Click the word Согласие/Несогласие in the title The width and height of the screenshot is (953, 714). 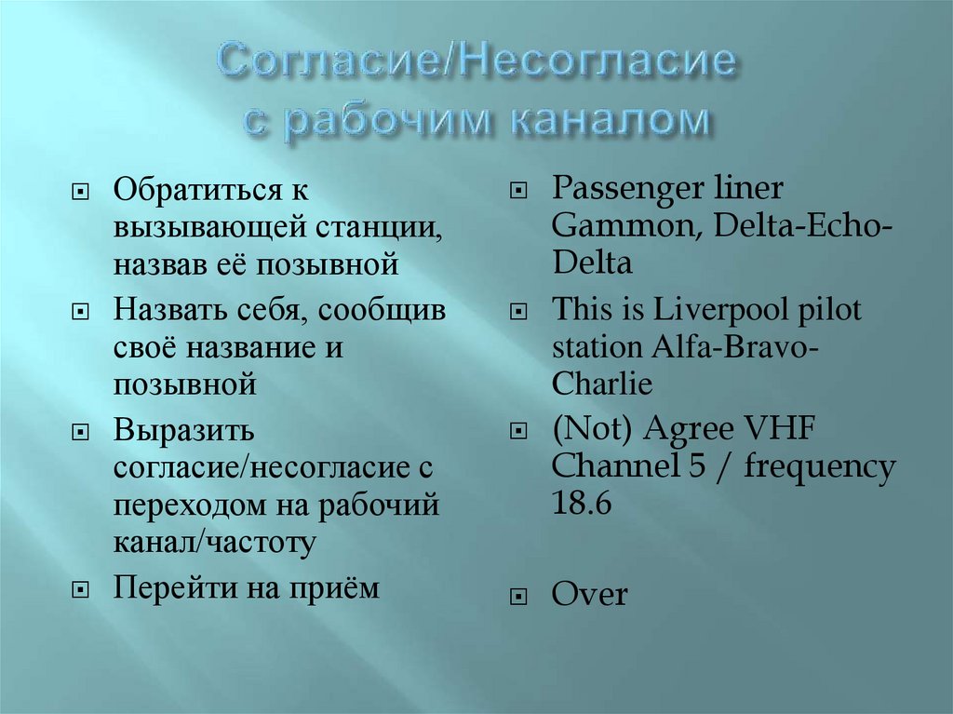pos(476,66)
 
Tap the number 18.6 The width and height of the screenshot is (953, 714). pos(582,504)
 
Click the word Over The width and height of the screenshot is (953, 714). pos(590,595)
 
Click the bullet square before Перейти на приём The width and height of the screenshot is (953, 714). pos(82,589)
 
